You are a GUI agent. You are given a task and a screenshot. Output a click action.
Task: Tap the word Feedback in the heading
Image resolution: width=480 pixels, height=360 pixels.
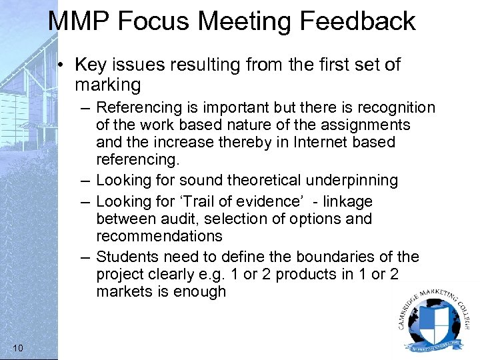click(x=357, y=21)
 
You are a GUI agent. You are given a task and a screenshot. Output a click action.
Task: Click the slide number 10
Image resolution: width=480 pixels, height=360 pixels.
click(x=18, y=347)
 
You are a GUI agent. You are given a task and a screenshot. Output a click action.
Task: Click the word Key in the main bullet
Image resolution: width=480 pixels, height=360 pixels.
click(x=89, y=65)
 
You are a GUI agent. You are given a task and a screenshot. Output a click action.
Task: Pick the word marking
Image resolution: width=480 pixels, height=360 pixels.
click(x=108, y=85)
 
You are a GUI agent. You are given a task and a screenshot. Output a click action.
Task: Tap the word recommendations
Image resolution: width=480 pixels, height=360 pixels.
click(x=159, y=236)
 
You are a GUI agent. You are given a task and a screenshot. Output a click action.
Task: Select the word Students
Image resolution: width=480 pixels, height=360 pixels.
click(x=127, y=257)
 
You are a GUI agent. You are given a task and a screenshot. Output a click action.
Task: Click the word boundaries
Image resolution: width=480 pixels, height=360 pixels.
click(x=337, y=257)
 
